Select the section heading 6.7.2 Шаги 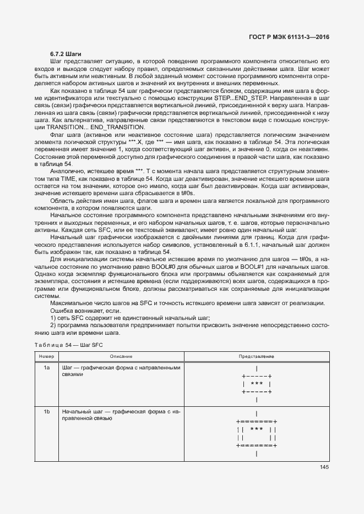(x=66, y=54)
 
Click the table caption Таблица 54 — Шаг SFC (x=68, y=345)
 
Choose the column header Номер (x=47, y=357)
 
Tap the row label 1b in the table (x=47, y=412)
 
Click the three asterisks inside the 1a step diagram (x=257, y=384)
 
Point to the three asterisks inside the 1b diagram (x=257, y=429)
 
